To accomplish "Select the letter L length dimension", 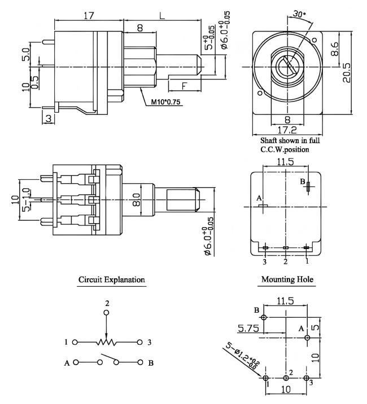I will tap(162, 16).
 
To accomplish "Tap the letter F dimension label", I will tap(185, 86).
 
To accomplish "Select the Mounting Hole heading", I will tap(287, 279).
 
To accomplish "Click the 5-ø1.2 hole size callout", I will tap(239, 355).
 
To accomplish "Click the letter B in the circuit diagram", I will tap(150, 363).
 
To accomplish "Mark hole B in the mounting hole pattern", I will tap(264, 317).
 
